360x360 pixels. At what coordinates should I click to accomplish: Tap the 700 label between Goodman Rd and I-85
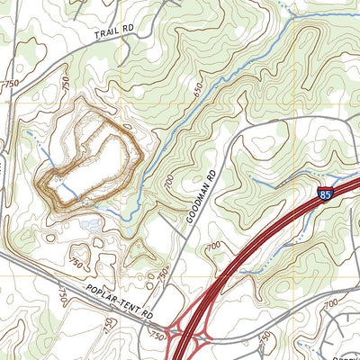click(x=213, y=245)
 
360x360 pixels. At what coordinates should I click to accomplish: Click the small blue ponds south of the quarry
click(x=90, y=224)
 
